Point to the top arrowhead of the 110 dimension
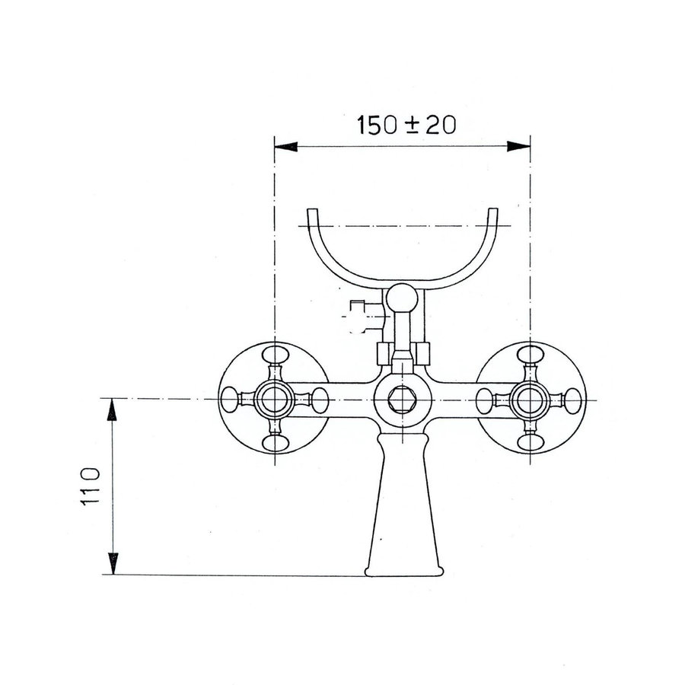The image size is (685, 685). [112, 409]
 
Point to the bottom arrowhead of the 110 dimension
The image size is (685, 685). [112, 565]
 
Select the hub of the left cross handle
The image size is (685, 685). [273, 398]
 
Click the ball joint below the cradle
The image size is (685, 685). [401, 298]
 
